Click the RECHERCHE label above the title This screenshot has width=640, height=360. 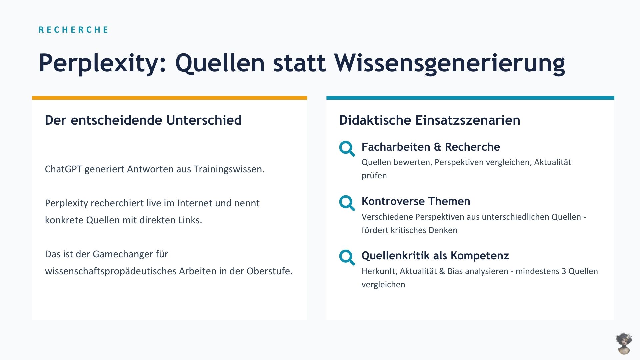[73, 30]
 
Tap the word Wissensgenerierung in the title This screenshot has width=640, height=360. [450, 63]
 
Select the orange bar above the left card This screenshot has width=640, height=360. [169, 98]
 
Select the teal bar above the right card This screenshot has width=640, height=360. [470, 98]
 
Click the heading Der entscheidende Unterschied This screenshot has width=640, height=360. [143, 120]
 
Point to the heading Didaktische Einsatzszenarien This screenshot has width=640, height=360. [430, 120]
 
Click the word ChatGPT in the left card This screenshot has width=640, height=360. [63, 169]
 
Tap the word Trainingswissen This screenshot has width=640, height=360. [229, 169]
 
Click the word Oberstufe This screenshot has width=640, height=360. [269, 271]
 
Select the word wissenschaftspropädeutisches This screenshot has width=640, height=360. [111, 271]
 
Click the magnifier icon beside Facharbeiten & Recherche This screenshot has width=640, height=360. [347, 149]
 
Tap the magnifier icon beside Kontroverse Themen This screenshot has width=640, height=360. [347, 203]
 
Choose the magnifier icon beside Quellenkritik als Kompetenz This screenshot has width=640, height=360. [347, 257]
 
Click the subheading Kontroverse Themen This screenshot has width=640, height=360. [416, 201]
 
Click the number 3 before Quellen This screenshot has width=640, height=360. [564, 271]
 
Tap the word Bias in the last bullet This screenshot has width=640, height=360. [455, 271]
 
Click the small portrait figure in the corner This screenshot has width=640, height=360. [624, 343]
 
